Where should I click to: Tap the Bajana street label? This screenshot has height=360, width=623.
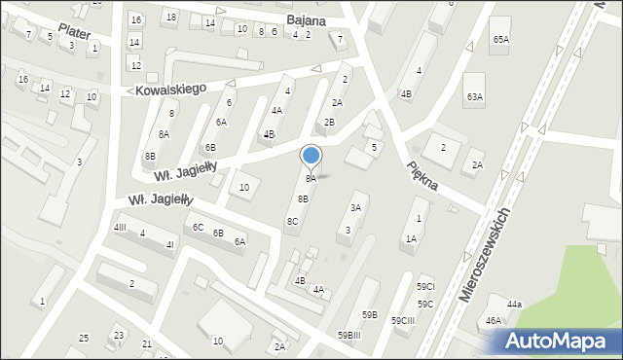pos(307,19)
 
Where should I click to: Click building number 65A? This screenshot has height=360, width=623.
pos(500,39)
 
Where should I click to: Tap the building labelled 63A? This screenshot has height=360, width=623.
pos(475,96)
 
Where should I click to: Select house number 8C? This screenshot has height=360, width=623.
pos(292,221)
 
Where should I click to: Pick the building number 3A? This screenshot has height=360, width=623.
pos(356,207)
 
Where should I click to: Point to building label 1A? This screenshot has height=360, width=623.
pos(412,238)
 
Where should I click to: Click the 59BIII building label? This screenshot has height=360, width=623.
pos(350,335)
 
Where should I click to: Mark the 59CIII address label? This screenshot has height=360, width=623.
pos(403,320)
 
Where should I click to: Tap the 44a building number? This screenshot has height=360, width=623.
pos(514,305)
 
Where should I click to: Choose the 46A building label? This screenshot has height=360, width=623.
pos(494,320)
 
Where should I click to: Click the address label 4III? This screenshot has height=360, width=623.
pos(121,227)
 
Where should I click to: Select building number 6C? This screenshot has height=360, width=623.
pos(198,227)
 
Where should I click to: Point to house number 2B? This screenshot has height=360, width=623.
pos(329,122)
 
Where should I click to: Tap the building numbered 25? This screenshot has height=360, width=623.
pos(84,338)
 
